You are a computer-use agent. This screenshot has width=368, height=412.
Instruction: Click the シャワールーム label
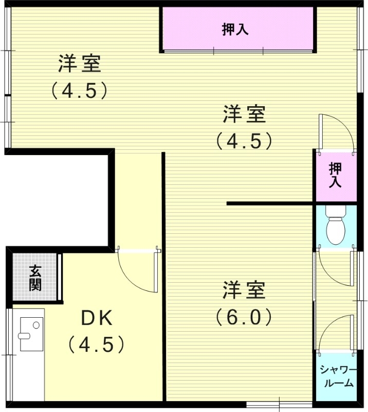336,376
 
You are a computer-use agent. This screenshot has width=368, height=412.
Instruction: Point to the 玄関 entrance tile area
35,278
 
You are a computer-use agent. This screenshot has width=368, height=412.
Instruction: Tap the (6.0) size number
244,316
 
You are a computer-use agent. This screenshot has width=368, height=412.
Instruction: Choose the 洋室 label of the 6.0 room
244,290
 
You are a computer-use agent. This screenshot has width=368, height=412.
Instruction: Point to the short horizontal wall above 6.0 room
270,203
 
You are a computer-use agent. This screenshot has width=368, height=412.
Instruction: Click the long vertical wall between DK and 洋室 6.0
164,278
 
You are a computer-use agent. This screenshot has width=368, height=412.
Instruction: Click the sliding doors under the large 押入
237,50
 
